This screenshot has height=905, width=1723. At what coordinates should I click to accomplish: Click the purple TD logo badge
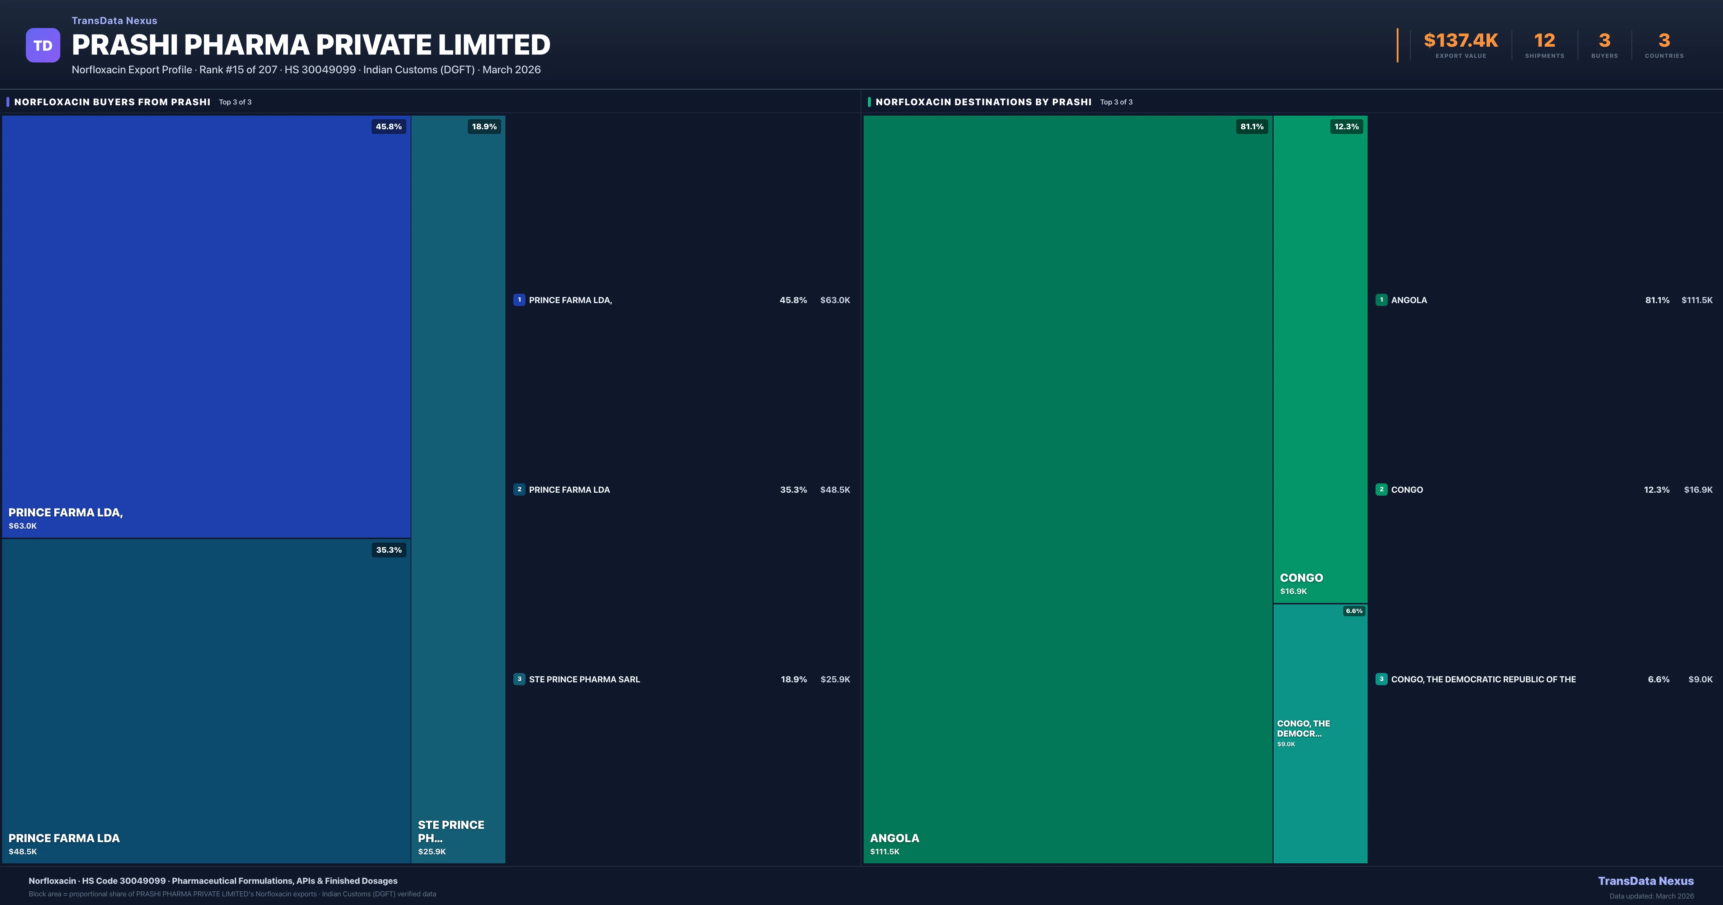[x=43, y=46]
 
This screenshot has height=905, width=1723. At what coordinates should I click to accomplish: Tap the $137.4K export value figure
[x=1461, y=41]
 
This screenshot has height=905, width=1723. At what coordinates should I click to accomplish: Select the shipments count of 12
[x=1544, y=41]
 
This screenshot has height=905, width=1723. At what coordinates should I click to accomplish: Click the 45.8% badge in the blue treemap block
[x=389, y=126]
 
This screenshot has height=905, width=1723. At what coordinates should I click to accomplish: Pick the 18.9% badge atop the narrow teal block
[x=484, y=126]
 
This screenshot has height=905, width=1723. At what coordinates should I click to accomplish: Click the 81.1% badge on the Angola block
[x=1251, y=126]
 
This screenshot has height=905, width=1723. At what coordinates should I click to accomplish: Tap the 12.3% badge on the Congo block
[x=1346, y=126]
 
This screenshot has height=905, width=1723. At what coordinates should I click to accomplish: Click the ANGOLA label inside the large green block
[x=894, y=838]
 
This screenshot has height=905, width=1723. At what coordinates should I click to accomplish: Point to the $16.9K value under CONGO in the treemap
[x=1293, y=591]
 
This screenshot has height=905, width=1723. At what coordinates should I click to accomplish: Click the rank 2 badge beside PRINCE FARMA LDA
[x=519, y=489]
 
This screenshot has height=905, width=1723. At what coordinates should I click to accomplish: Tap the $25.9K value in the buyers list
[x=835, y=679]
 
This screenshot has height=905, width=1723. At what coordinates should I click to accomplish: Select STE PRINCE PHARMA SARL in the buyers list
[x=584, y=679]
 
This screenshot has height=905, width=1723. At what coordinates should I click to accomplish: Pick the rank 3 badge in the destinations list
[x=1381, y=679]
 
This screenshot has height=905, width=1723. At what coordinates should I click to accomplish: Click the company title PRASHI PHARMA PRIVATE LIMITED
[x=311, y=45]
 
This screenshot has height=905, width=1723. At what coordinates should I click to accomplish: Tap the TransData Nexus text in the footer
[x=1645, y=881]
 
